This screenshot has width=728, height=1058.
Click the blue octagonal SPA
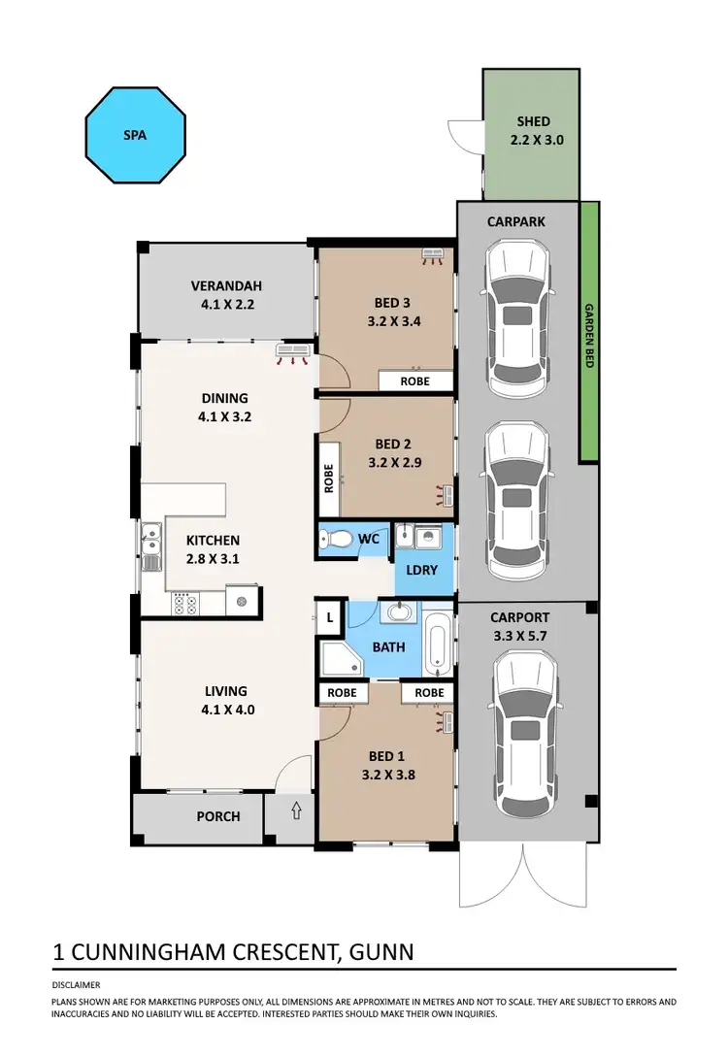pyautogui.click(x=134, y=135)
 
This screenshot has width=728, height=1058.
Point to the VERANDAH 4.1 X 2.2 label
pyautogui.click(x=225, y=295)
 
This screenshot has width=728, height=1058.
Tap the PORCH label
pyautogui.click(x=218, y=816)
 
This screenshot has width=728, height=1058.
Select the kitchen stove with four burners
pyautogui.click(x=184, y=605)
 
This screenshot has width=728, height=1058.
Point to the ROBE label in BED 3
pyautogui.click(x=415, y=381)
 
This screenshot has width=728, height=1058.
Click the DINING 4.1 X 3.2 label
pyautogui.click(x=225, y=407)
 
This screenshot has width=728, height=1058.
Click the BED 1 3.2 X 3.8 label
pyautogui.click(x=382, y=766)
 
